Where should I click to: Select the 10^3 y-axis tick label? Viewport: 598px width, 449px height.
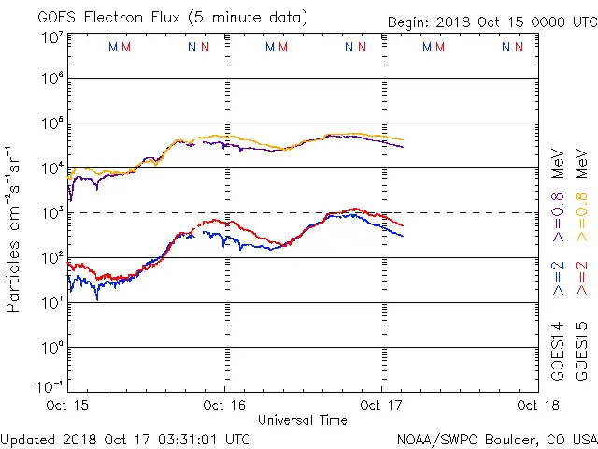[x=50, y=213]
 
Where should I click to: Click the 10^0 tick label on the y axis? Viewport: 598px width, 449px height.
[x=50, y=348]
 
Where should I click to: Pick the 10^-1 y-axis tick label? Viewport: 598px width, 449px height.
[x=49, y=385]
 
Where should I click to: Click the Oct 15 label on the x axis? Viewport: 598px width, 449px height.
[x=67, y=406]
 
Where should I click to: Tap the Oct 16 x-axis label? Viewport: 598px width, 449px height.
[x=224, y=406]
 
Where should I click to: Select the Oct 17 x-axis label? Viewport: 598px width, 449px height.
[x=381, y=406]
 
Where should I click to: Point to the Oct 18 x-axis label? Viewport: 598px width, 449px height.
[x=536, y=406]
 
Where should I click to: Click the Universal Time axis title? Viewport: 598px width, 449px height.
[x=303, y=420]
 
